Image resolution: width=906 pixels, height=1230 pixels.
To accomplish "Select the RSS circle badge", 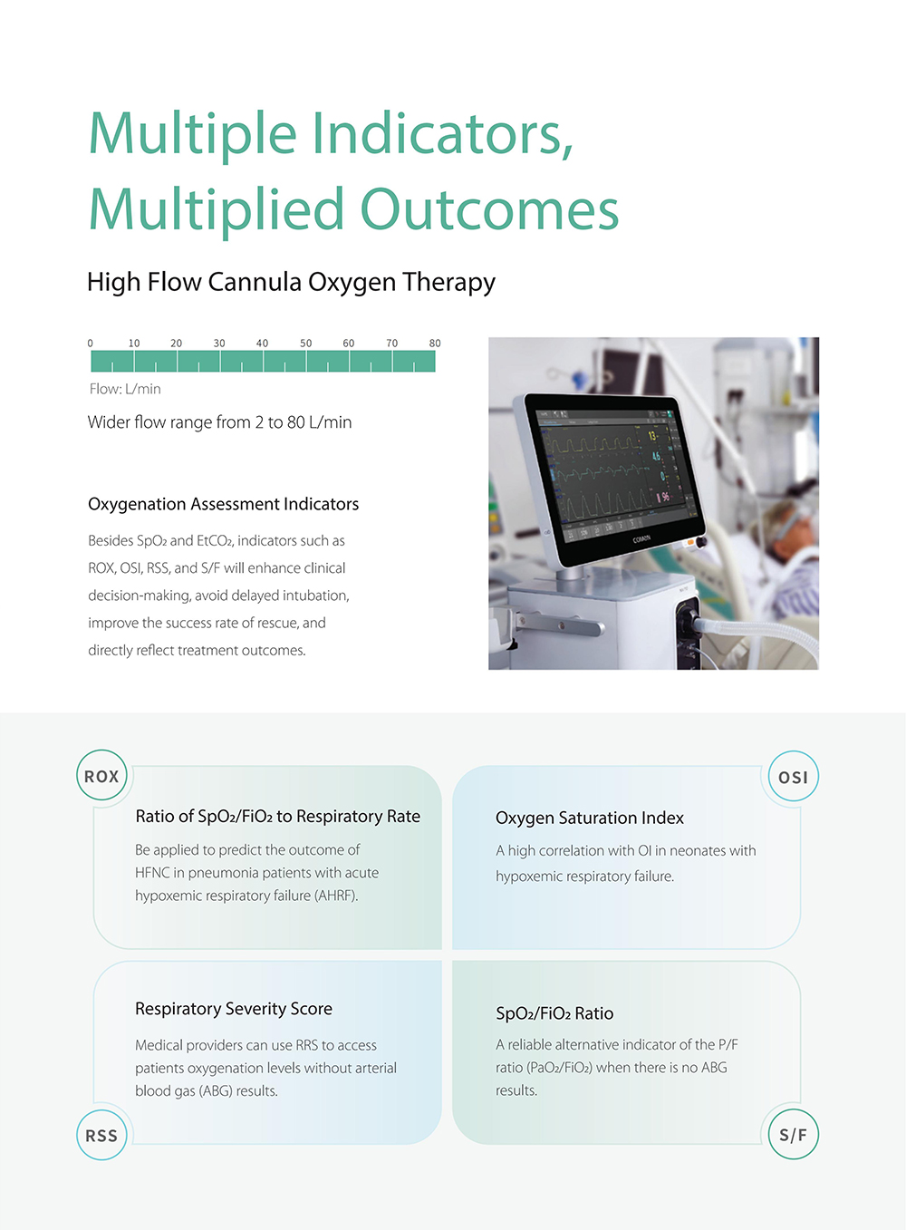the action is [101, 1135].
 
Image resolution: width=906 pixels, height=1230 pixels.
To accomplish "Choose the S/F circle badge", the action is [793, 1134].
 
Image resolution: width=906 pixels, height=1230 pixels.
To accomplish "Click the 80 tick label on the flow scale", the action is [435, 344].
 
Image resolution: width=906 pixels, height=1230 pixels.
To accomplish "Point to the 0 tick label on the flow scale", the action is [90, 344].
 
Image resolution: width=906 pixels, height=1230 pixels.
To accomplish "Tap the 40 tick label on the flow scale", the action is [263, 344].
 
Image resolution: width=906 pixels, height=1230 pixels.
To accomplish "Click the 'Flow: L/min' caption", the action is [125, 389].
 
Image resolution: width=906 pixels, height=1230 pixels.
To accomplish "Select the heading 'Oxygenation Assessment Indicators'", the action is [224, 504].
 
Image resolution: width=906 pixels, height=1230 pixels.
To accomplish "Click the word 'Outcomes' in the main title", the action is [489, 209].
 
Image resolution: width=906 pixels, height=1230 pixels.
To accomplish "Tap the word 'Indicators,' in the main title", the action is [443, 133].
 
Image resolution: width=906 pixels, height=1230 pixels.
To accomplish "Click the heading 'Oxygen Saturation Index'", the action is [590, 818].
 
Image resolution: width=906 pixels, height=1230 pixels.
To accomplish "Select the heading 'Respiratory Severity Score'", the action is [234, 1009].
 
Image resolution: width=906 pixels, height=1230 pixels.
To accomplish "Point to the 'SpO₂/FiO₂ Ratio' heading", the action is [554, 1013].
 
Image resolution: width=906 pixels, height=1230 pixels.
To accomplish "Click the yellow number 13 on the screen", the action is [652, 436].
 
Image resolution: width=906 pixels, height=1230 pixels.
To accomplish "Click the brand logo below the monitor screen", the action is [641, 539].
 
